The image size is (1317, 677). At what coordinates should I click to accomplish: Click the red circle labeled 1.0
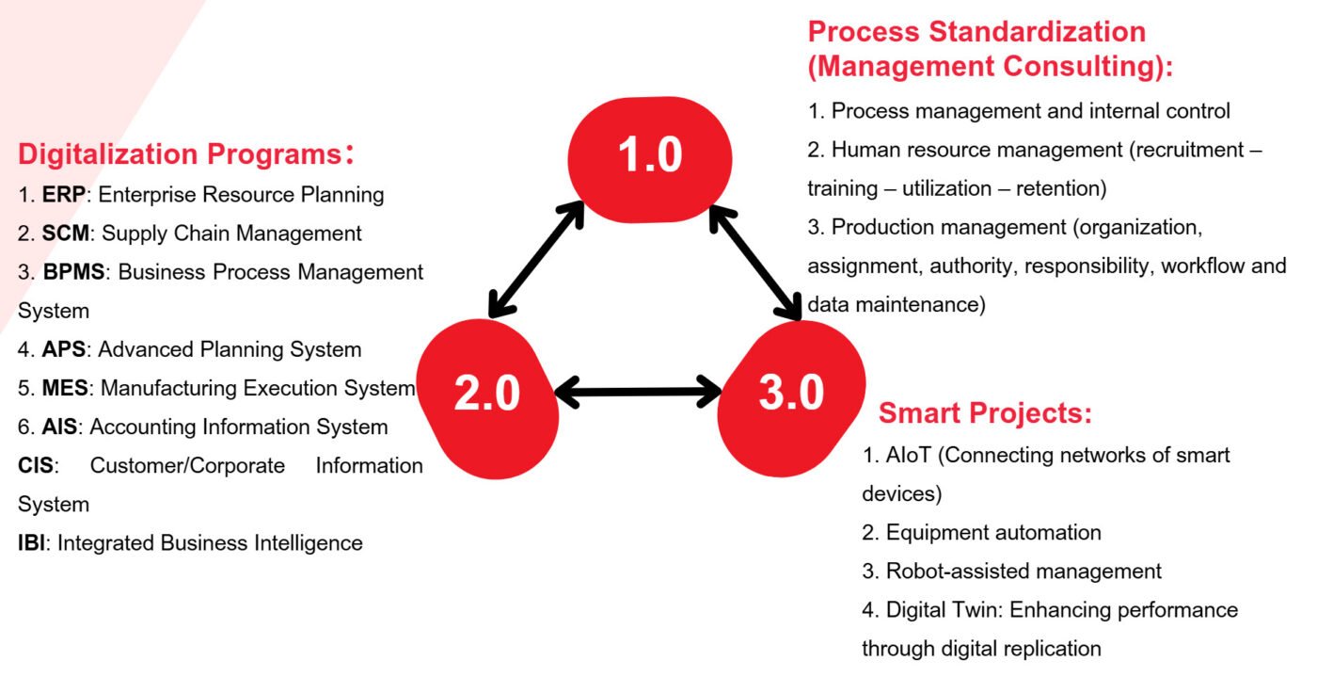tap(650, 159)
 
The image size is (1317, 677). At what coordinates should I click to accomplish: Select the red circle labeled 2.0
tap(488, 398)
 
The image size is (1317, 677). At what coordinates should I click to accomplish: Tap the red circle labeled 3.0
tap(791, 398)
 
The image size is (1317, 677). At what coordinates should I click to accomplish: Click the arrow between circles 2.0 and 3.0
tap(639, 392)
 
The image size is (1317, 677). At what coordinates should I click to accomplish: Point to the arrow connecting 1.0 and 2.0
tap(536, 259)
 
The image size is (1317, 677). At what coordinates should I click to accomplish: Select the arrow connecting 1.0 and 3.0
tap(755, 263)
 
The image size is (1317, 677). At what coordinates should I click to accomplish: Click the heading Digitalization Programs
tap(186, 153)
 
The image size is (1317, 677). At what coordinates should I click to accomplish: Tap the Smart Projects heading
tap(985, 412)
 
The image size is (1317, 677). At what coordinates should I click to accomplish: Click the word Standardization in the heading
tap(1037, 32)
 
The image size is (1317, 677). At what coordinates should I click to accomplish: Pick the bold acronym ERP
tap(64, 194)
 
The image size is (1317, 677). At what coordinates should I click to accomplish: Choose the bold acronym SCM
tap(65, 234)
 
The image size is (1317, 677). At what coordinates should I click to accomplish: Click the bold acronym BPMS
tap(73, 272)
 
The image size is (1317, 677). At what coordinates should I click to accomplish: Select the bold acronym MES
tap(65, 388)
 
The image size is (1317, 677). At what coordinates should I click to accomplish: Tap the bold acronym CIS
tap(36, 466)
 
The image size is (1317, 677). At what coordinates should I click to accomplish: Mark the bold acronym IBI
tap(31, 542)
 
